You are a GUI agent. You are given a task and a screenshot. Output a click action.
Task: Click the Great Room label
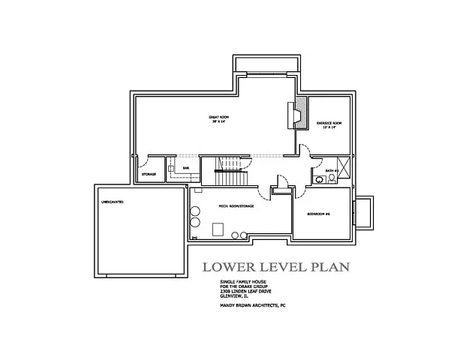(x=218, y=118)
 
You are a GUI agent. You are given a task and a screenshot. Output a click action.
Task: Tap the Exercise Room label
(x=328, y=124)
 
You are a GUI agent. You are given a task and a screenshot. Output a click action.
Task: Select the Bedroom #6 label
(x=319, y=214)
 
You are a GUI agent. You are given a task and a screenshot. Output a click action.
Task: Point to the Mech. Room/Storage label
(x=235, y=205)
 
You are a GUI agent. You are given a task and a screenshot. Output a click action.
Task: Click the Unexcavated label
(x=112, y=202)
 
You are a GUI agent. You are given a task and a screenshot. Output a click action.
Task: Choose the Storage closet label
(x=149, y=175)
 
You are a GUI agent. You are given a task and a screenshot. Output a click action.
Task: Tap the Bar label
(x=185, y=168)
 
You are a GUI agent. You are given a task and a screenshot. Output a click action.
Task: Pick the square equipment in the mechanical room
(x=220, y=229)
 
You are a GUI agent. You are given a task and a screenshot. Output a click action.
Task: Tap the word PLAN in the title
(x=329, y=267)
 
